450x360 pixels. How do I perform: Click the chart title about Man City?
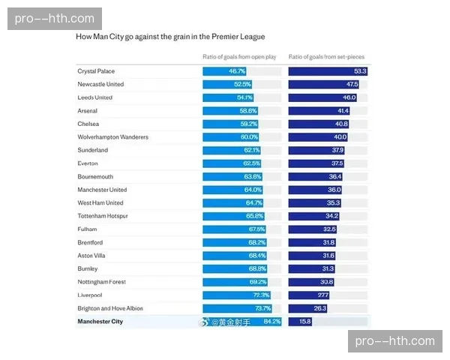170,36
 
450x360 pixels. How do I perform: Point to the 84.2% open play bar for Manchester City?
242,322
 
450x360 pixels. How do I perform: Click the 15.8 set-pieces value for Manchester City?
306,322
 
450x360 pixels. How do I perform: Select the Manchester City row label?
100,322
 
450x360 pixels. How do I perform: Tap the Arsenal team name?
87,111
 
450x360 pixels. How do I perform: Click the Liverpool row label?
89,295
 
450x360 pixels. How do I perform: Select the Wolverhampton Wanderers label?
112,137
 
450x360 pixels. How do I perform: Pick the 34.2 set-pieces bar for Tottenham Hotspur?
314,216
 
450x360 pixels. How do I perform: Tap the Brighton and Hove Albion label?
110,308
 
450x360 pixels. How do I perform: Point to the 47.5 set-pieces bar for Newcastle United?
324,85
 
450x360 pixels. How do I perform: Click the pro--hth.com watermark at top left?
54,18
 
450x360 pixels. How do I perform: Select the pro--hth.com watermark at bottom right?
395,341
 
